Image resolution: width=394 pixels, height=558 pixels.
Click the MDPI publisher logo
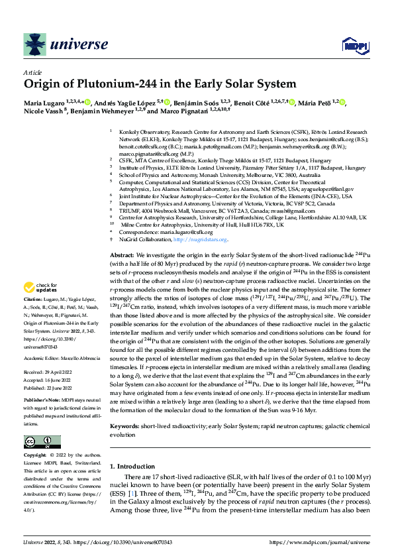point(352,45)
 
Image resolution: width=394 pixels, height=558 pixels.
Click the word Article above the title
point(32,72)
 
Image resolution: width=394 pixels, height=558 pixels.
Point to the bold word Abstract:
point(123,255)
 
